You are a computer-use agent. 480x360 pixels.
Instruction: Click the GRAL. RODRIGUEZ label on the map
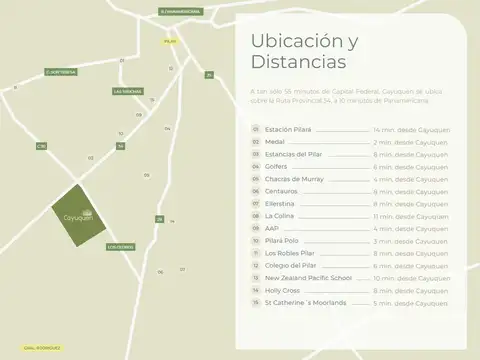pyautogui.click(x=22, y=347)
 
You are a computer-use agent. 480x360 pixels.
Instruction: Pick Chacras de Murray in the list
pyautogui.click(x=291, y=179)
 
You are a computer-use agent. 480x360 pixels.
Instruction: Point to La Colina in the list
pyautogui.click(x=278, y=216)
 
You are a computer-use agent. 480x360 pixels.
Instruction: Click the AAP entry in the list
pyautogui.click(x=270, y=228)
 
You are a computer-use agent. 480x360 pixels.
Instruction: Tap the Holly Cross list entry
pyautogui.click(x=281, y=289)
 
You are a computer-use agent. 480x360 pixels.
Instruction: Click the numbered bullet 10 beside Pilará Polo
pyautogui.click(x=256, y=241)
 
